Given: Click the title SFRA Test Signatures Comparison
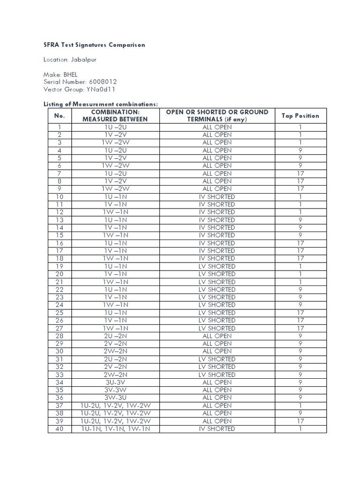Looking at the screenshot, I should [94, 45].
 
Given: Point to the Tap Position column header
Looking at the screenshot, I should [300, 116].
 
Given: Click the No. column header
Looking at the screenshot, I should [60, 116].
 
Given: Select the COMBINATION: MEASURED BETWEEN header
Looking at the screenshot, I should [115, 116].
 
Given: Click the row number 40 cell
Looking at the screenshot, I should [60, 428].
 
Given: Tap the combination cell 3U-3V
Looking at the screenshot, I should [115, 382].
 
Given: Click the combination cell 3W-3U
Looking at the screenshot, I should [115, 397].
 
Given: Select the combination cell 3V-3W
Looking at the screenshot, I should [115, 390].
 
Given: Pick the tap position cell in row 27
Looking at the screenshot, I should [300, 328].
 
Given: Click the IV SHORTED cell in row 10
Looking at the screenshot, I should [217, 197].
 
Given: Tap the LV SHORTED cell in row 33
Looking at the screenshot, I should [217, 375].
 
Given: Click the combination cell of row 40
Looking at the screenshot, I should [115, 428].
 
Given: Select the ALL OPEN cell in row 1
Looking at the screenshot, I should [217, 127].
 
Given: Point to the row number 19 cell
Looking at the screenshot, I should [60, 266].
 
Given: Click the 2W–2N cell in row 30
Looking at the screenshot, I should [115, 351].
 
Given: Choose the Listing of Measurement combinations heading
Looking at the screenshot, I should [101, 104].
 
